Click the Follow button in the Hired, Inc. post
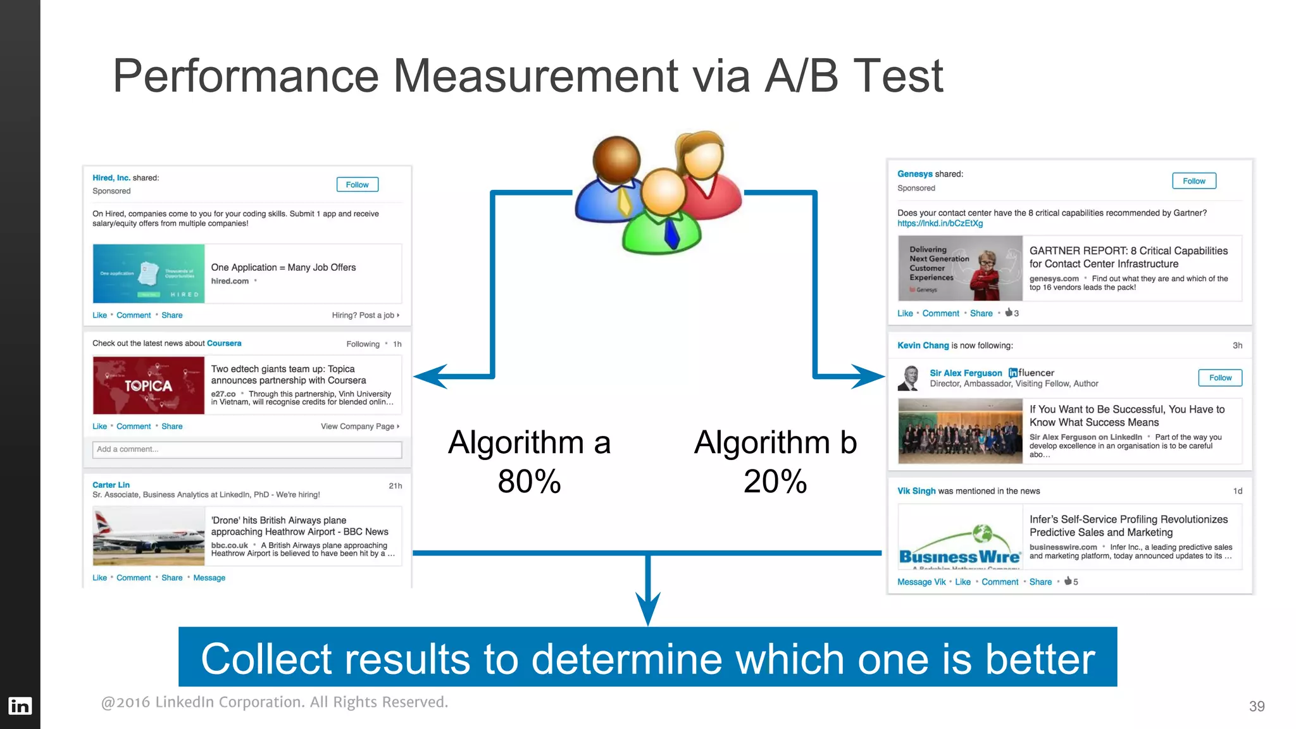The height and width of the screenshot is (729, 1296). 357,185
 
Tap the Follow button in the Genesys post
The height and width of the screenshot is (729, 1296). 1193,181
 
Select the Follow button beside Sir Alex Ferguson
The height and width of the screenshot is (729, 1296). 1219,378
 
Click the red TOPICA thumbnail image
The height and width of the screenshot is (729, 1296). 148,385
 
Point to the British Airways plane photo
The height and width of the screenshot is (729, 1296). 148,537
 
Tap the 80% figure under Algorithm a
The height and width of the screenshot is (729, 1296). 529,482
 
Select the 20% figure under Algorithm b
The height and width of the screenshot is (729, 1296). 775,482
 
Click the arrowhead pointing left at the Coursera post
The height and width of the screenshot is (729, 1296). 430,377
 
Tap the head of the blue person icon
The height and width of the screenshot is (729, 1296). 616,159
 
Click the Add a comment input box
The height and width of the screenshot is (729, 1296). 247,449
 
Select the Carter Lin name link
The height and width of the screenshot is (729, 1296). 111,485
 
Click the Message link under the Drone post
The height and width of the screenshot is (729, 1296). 209,578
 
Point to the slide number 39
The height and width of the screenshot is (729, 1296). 1257,706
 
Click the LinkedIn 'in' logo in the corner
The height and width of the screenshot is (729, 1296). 20,706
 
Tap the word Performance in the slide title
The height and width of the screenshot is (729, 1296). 246,76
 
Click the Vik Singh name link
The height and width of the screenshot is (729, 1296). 916,491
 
